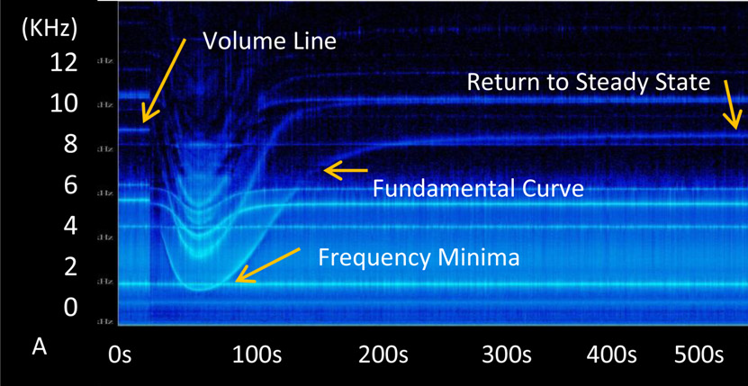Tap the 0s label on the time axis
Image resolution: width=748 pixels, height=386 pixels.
click(x=119, y=355)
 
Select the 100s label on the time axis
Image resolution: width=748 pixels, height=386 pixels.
click(x=257, y=355)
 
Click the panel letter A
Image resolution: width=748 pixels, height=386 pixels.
click(x=39, y=346)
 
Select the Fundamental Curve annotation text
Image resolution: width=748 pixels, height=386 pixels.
click(x=479, y=189)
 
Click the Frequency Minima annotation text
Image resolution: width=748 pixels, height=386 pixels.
click(x=419, y=258)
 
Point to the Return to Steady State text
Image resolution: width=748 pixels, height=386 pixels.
click(x=589, y=83)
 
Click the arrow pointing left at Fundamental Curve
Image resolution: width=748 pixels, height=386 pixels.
click(x=347, y=168)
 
